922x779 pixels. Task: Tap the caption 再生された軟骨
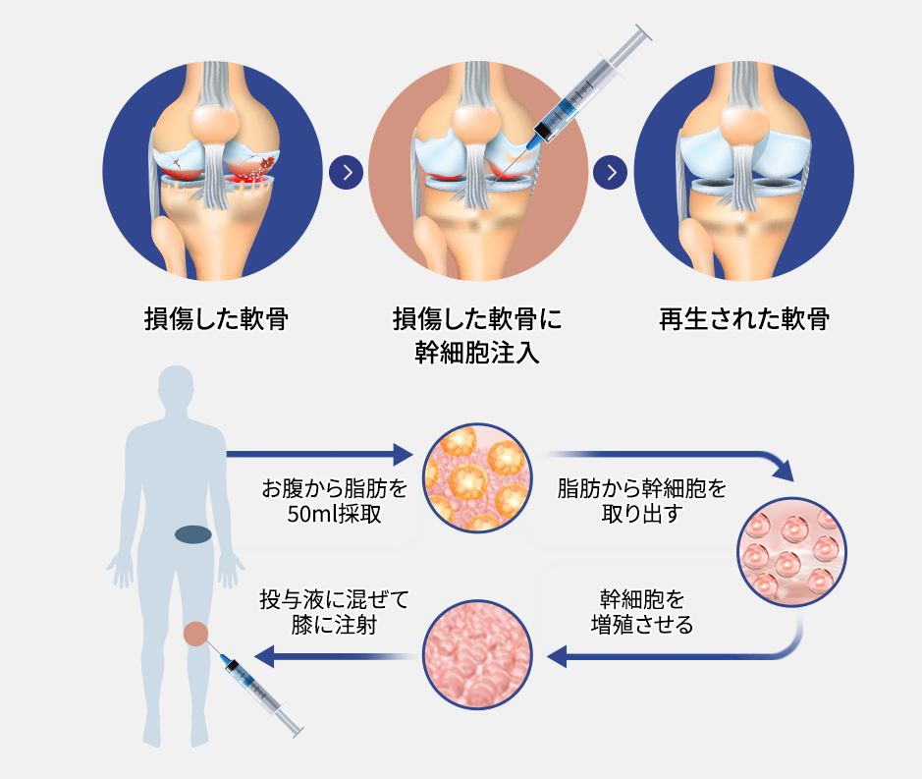point(745,319)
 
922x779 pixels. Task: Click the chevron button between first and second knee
point(347,173)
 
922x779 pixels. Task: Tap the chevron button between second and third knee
point(611,173)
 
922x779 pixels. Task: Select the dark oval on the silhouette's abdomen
point(193,534)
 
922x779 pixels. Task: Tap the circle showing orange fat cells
point(476,475)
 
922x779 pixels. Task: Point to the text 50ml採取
point(335,514)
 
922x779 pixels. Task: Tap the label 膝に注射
point(335,624)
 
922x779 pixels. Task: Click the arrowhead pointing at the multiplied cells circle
point(557,656)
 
